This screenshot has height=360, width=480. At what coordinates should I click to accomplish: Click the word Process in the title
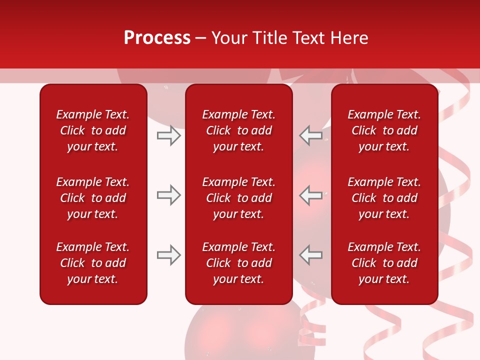click(x=157, y=38)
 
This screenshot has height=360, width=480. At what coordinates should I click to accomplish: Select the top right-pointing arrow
click(x=168, y=135)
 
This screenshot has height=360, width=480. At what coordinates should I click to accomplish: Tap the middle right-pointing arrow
click(x=168, y=195)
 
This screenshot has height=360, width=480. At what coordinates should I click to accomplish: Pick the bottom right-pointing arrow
click(x=168, y=255)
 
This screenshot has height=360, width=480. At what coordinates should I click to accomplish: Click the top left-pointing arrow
click(x=311, y=135)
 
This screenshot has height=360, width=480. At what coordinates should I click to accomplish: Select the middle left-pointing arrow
click(x=311, y=195)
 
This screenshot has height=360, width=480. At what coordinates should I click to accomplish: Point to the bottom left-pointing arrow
click(x=311, y=255)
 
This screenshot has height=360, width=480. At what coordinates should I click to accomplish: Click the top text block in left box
click(x=93, y=130)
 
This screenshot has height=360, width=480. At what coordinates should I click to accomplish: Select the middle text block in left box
click(x=93, y=198)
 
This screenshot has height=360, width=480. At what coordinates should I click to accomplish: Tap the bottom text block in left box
click(x=93, y=263)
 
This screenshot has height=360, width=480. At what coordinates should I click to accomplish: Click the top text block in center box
click(x=238, y=130)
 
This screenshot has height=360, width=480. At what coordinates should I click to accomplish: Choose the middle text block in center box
click(x=238, y=198)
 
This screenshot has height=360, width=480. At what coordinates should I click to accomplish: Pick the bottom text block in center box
click(x=238, y=263)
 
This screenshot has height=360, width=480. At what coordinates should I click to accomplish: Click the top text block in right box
click(x=384, y=130)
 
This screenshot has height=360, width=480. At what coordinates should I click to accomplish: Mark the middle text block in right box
click(x=384, y=198)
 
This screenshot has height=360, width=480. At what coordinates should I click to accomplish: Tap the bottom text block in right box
click(x=384, y=263)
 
